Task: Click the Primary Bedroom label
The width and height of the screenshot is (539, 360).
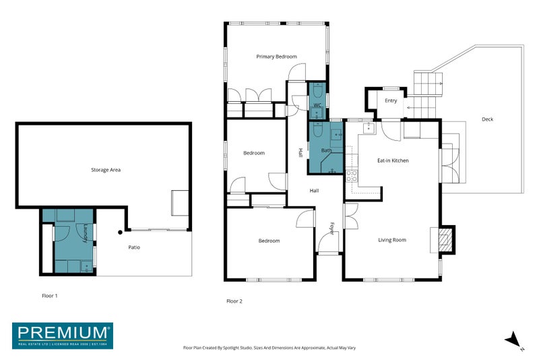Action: pyautogui.click(x=276, y=57)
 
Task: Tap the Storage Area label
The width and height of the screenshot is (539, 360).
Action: pyautogui.click(x=106, y=170)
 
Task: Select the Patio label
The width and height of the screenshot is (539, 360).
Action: pyautogui.click(x=135, y=247)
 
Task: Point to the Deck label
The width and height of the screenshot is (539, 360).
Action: pyautogui.click(x=487, y=119)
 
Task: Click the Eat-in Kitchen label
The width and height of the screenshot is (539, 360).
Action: pyautogui.click(x=393, y=160)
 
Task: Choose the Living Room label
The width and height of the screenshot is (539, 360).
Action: pyautogui.click(x=391, y=240)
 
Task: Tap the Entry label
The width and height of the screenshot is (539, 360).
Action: pyautogui.click(x=391, y=101)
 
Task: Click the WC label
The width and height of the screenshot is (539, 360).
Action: pyautogui.click(x=317, y=106)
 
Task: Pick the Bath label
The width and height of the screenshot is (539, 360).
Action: pyautogui.click(x=326, y=150)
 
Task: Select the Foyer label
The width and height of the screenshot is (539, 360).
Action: pyautogui.click(x=331, y=229)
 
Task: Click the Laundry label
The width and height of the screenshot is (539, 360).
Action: pyautogui.click(x=86, y=233)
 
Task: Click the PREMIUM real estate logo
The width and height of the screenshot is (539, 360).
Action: pyautogui.click(x=63, y=335)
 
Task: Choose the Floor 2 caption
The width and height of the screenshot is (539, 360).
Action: pyautogui.click(x=234, y=301)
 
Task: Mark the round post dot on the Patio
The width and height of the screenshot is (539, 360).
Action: pyautogui.click(x=120, y=233)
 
